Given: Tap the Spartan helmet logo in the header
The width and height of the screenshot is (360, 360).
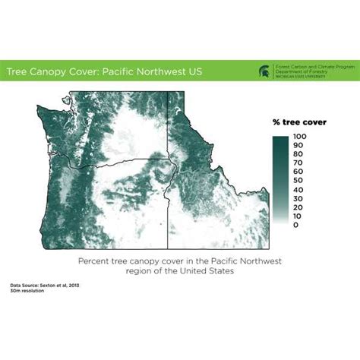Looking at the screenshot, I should tap(265, 72).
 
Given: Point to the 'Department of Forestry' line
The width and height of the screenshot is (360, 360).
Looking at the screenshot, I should tap(302, 73).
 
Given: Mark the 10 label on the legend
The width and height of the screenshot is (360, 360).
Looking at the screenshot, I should tap(298, 216).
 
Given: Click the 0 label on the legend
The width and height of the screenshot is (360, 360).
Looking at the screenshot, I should tap(296, 225).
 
